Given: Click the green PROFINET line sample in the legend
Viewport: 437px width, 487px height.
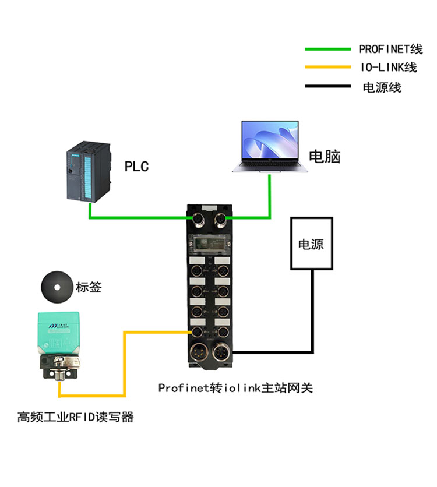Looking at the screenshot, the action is point(327,49).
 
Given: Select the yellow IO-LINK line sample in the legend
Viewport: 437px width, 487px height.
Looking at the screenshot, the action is point(327,67).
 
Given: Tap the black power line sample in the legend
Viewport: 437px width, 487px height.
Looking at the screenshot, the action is point(327,86).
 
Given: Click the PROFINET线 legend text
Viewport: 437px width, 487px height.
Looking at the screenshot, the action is point(390,49).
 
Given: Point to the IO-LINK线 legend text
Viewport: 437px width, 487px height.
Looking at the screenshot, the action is point(389,67).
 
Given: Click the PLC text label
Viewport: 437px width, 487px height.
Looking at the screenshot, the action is point(137,167).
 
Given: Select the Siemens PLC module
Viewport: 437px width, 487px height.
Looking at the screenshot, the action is point(88,171).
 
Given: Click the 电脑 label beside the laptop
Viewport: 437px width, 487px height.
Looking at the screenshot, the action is point(325,157).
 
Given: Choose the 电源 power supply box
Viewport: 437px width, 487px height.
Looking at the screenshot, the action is point(312,243).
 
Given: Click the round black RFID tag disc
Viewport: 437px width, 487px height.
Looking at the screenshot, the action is point(57,287).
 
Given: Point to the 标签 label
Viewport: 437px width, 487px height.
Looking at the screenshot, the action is point(89,287).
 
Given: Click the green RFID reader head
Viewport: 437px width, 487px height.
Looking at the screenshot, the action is point(59,333).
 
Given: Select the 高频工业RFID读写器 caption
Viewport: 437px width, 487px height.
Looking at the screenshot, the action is point(76,417).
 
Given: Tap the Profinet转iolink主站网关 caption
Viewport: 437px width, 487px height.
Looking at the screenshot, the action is point(235,388).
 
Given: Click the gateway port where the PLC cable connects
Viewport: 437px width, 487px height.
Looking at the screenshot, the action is point(196,219).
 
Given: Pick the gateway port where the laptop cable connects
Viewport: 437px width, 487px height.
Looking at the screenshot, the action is point(220,219).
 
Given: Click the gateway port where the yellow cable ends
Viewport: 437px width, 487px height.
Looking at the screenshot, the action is point(196,331).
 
